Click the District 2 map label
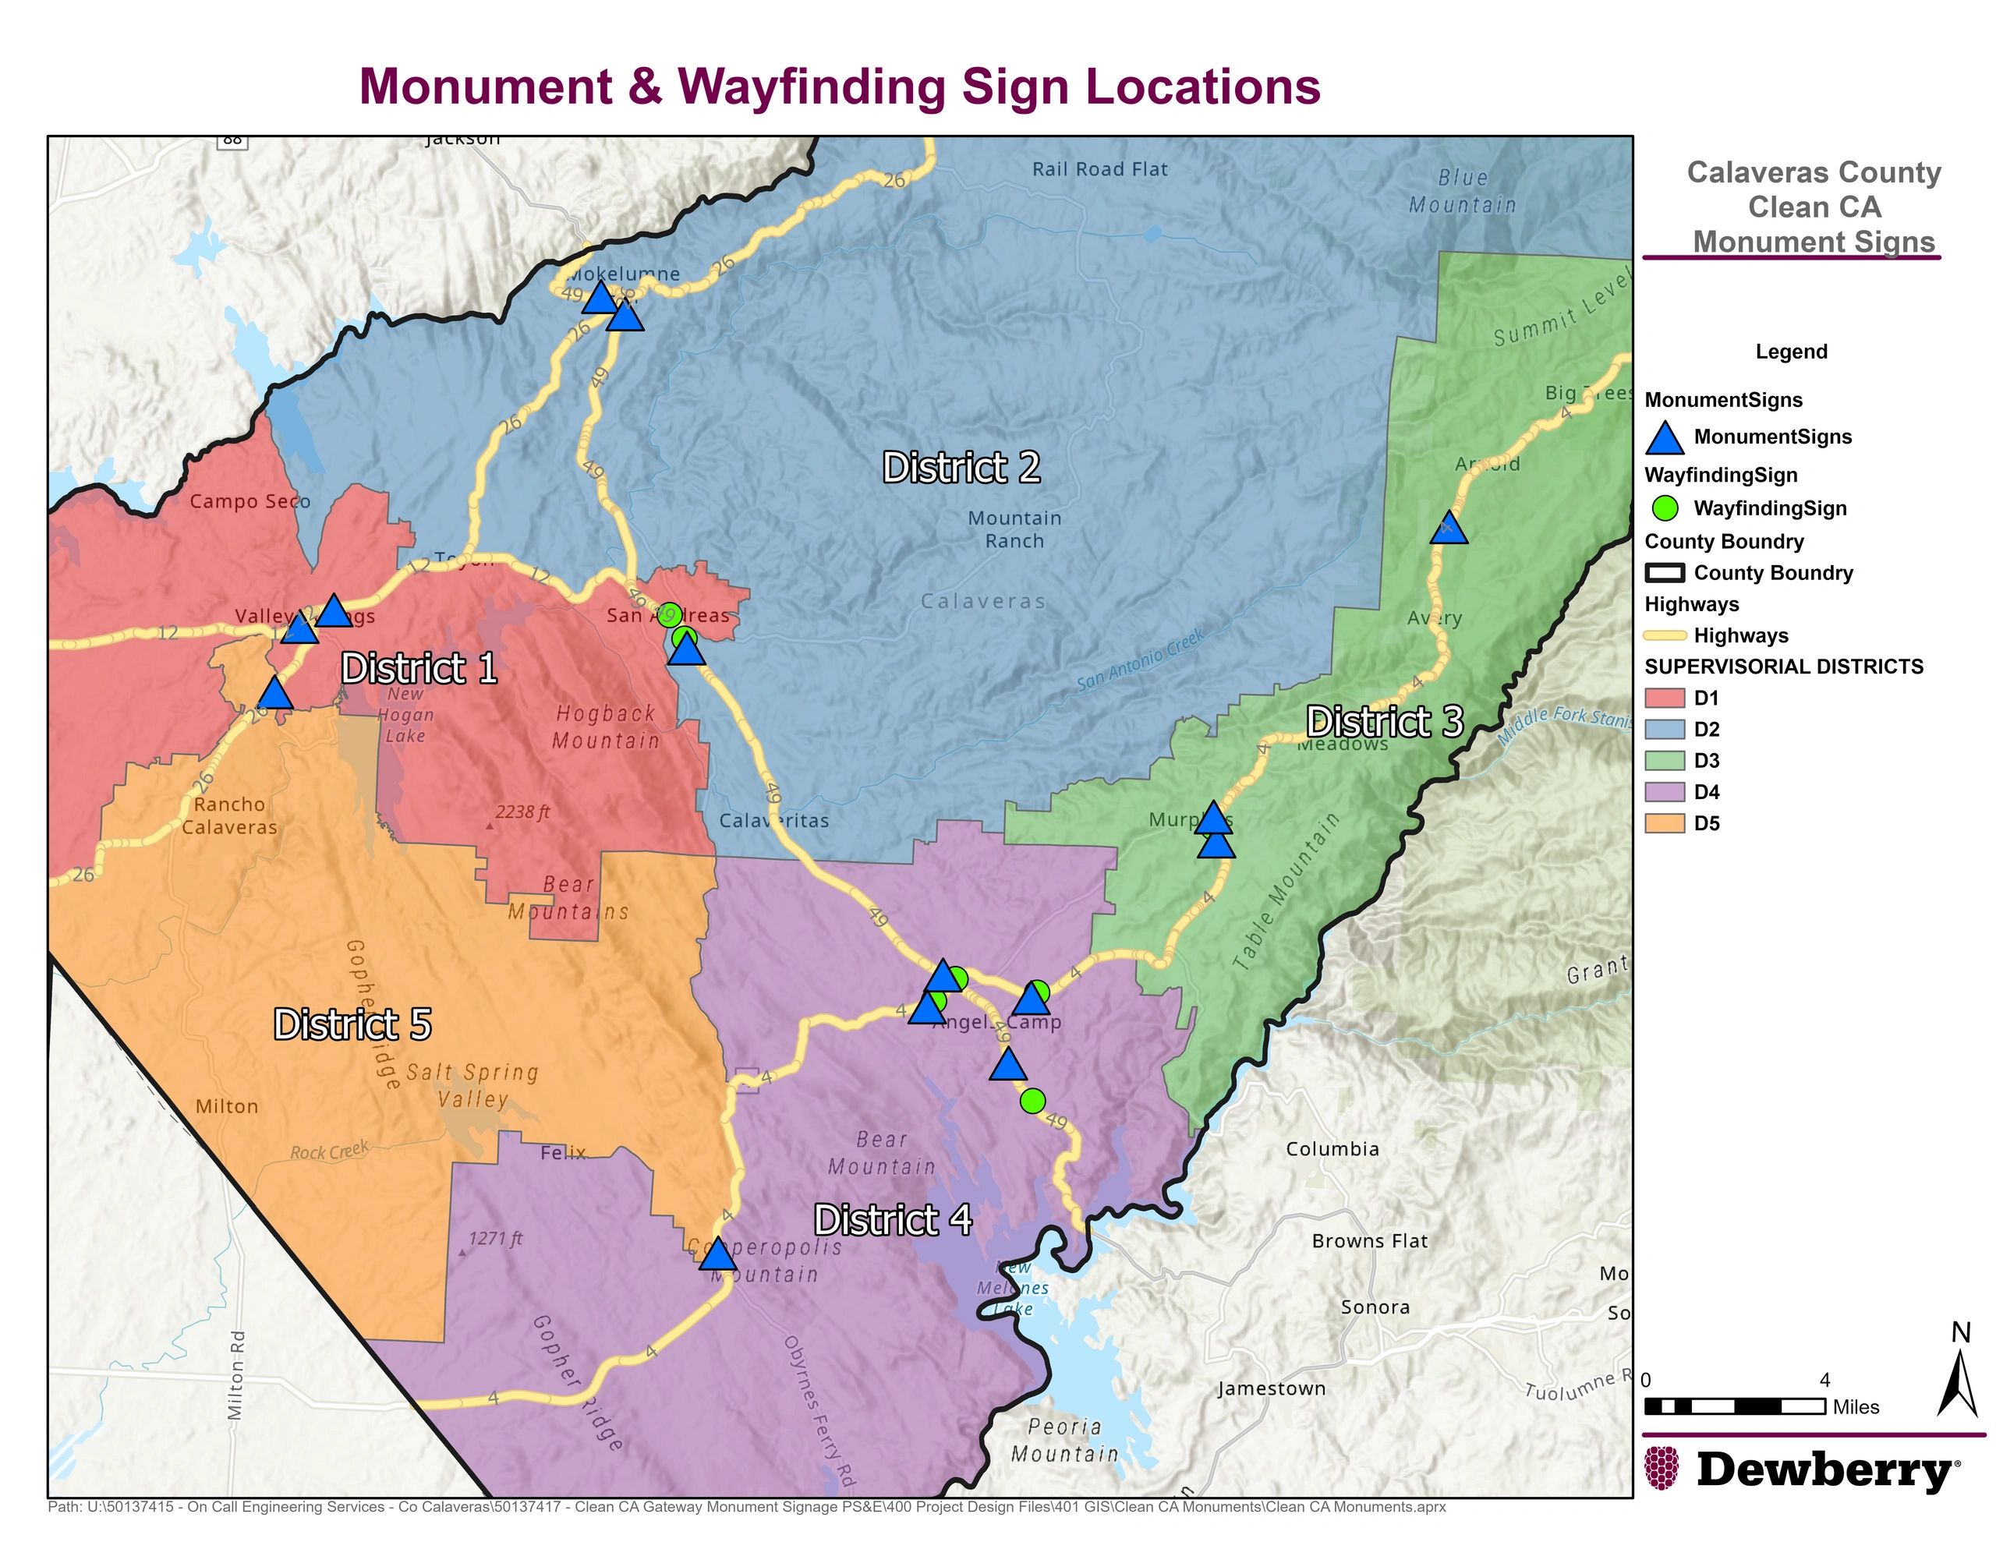coord(961,468)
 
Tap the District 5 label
coord(352,1024)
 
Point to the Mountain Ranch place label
coord(1014,529)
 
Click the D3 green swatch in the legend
coord(1665,761)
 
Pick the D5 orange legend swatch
coord(1665,822)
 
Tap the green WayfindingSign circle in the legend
coord(1665,508)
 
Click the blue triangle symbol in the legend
coord(1665,439)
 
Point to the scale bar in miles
coord(1734,1406)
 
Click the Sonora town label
coord(1375,1307)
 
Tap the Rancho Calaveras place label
coord(229,815)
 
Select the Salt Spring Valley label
coord(472,1085)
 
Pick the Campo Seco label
coord(249,501)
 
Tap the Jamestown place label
coord(1270,1388)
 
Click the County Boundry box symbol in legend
coord(1665,573)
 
